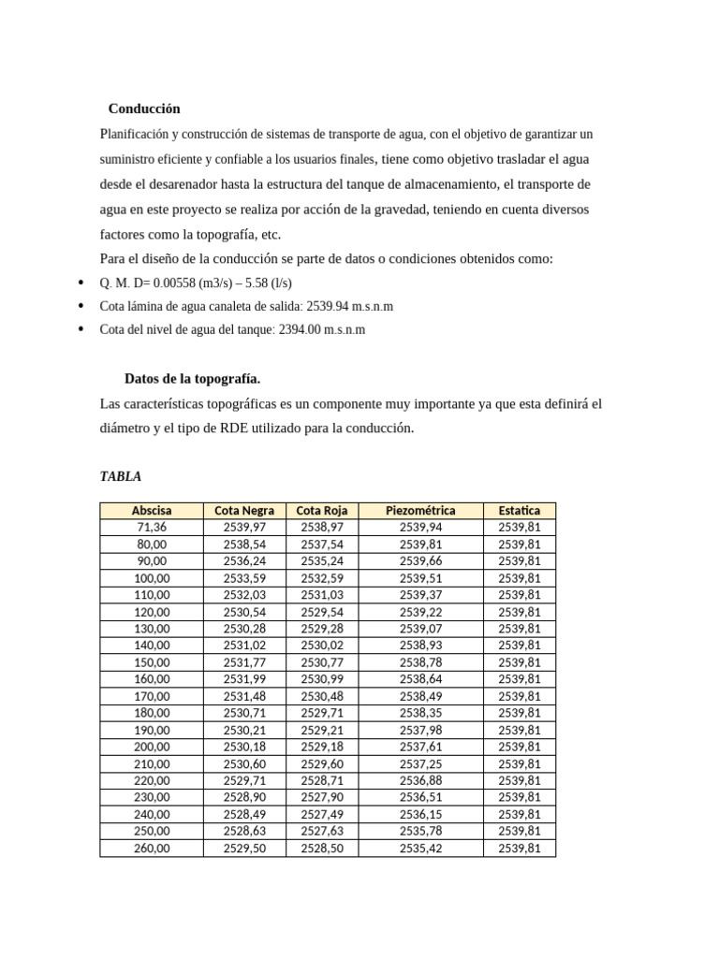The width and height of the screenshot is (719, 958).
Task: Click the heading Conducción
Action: pyautogui.click(x=143, y=109)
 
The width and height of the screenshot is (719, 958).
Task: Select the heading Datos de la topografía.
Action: pyautogui.click(x=192, y=379)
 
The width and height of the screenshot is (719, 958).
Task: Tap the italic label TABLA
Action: pyautogui.click(x=121, y=476)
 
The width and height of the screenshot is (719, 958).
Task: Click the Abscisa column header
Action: pyautogui.click(x=151, y=511)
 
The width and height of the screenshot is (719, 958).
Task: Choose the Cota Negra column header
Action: pyautogui.click(x=244, y=511)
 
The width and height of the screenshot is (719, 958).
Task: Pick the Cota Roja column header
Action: pyautogui.click(x=321, y=511)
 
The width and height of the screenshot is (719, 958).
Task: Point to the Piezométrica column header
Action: pyautogui.click(x=420, y=511)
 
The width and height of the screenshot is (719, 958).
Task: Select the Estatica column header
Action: pyautogui.click(x=519, y=511)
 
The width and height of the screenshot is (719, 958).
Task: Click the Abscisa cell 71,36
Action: pyautogui.click(x=152, y=528)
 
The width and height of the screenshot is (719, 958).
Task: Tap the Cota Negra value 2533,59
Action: pyautogui.click(x=244, y=578)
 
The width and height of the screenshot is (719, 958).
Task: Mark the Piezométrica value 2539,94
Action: pyautogui.click(x=420, y=528)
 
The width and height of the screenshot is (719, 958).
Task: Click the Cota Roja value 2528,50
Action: pyautogui.click(x=322, y=849)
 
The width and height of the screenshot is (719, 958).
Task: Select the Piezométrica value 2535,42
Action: pyautogui.click(x=420, y=849)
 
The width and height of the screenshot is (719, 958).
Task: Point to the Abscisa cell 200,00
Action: pyautogui.click(x=152, y=747)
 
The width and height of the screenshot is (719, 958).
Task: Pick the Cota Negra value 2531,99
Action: pyautogui.click(x=244, y=679)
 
